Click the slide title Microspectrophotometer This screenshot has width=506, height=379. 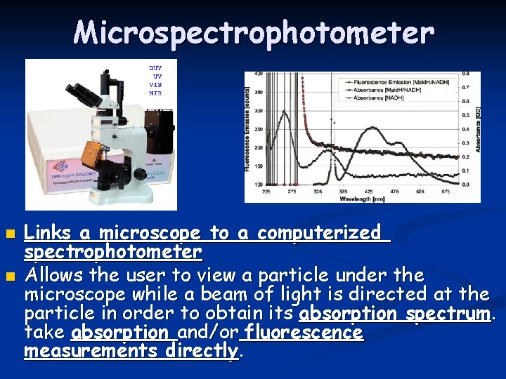point(254,32)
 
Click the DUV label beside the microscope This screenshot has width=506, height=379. point(155,67)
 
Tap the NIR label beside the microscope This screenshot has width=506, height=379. point(155,93)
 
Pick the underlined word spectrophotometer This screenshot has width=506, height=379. point(113,251)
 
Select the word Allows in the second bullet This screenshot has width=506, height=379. point(50,274)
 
